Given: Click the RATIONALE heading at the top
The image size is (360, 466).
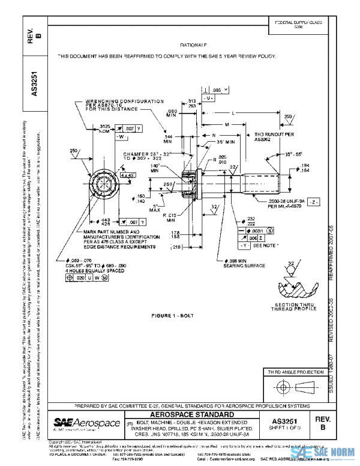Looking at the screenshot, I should (x=193, y=45).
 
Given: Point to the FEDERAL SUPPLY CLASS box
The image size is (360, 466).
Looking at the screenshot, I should (x=287, y=25).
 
